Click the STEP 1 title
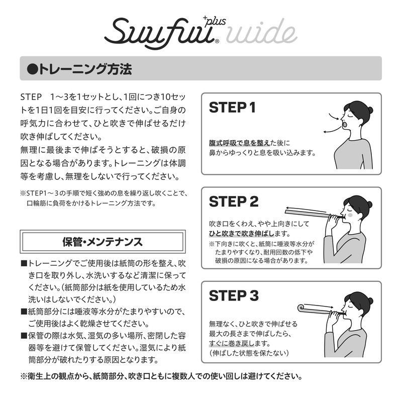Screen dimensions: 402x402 (232, 108)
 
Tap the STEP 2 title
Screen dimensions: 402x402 (233, 202)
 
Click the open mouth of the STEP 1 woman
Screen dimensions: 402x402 (344, 124)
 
